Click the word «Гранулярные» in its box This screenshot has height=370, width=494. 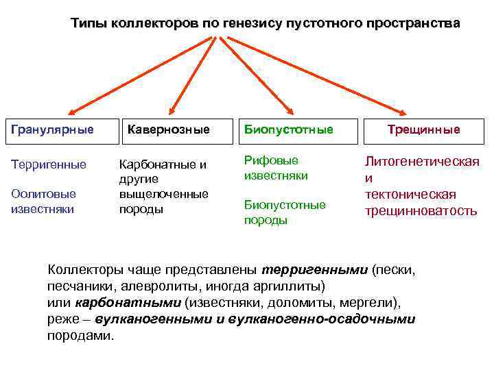pos(52,129)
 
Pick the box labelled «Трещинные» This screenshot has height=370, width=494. pos(423,129)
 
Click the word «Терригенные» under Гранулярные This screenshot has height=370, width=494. pos(49,164)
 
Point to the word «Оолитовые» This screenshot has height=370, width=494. pos(43,194)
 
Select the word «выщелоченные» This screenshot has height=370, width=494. pos(164,194)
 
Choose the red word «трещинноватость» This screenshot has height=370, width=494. pos(421,211)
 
